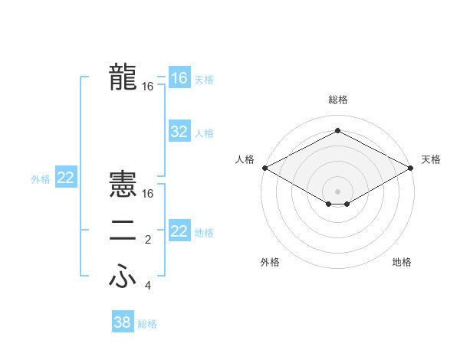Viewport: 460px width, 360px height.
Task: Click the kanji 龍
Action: (123, 77)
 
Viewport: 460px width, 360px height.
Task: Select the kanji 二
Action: (123, 231)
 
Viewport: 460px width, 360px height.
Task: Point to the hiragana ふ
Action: (123, 277)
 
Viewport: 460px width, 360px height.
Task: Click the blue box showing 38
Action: (122, 322)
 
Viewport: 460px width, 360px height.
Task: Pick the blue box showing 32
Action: (179, 132)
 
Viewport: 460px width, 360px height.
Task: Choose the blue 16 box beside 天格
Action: (179, 78)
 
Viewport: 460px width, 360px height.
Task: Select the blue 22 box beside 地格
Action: (179, 231)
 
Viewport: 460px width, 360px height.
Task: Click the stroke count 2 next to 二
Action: (148, 241)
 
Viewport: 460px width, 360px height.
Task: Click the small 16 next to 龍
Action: (148, 87)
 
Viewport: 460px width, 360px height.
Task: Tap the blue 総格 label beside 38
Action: (147, 324)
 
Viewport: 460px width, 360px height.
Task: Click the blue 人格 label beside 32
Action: (204, 133)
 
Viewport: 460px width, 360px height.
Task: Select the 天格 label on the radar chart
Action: (431, 159)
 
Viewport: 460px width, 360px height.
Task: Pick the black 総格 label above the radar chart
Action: (337, 100)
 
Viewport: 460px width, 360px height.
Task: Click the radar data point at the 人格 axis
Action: (264, 168)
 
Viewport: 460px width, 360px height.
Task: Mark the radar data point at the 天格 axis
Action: (412, 168)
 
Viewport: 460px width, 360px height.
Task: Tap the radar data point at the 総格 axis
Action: (337, 131)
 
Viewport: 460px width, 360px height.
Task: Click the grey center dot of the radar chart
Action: (337, 191)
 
